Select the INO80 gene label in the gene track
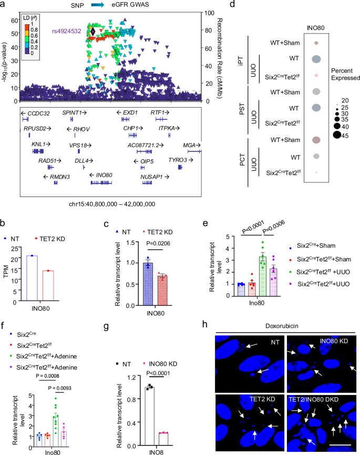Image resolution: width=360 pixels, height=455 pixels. (104, 174)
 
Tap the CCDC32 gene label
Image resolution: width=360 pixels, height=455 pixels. (36, 113)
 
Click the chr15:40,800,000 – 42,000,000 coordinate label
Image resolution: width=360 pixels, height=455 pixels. (111, 203)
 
